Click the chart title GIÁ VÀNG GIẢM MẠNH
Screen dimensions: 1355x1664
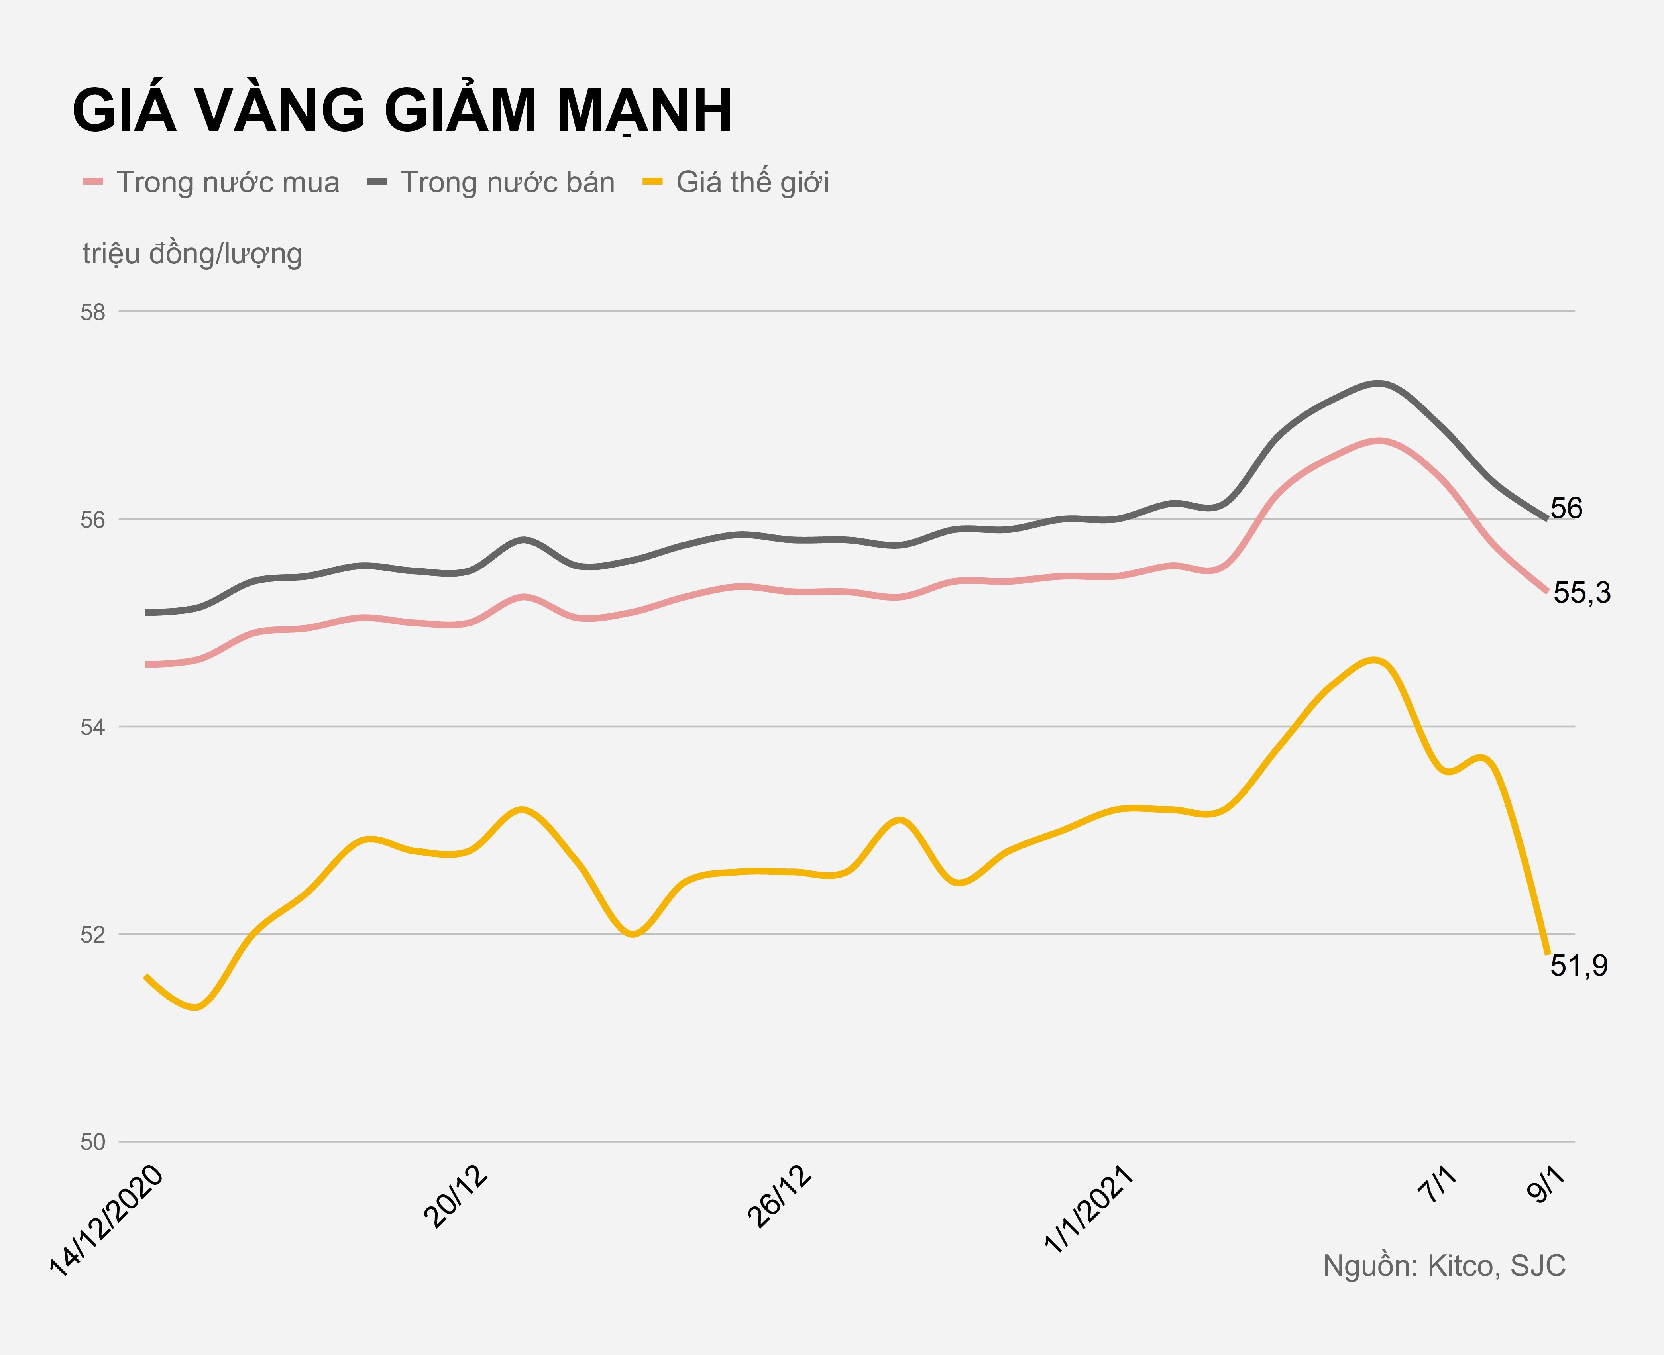[402, 110]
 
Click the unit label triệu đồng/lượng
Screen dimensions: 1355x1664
[192, 254]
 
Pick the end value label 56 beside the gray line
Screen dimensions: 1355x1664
[1566, 508]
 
